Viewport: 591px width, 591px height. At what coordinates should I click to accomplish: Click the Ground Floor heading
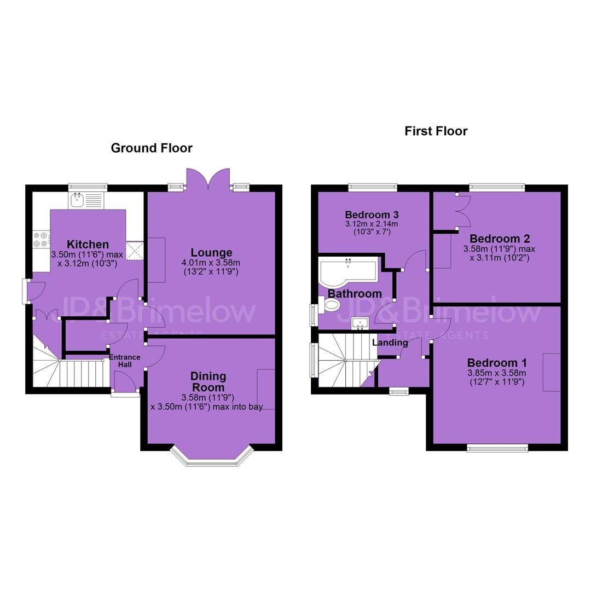152,148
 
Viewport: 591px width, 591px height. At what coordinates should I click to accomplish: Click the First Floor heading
436,131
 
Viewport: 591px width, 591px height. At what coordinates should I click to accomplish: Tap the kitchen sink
85,200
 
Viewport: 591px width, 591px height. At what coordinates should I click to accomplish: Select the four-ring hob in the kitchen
41,240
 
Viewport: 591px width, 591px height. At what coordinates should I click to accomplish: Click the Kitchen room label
88,244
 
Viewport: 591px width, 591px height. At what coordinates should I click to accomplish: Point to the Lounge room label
211,252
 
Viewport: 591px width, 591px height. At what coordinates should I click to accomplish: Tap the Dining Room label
208,381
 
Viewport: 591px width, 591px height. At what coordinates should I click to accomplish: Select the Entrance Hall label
125,361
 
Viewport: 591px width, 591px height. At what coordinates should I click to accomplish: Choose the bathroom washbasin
360,323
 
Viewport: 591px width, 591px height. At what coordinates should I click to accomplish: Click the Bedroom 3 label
372,215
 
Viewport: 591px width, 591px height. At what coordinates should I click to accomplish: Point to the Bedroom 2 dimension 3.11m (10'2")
499,258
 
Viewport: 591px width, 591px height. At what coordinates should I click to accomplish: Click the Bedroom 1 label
497,363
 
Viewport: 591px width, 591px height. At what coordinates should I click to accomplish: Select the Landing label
390,343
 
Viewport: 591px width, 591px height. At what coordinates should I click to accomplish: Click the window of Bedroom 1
497,448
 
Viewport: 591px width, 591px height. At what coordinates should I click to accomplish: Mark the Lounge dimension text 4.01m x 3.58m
211,263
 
